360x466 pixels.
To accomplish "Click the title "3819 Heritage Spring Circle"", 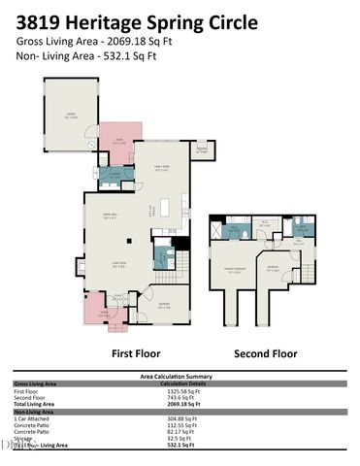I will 138,21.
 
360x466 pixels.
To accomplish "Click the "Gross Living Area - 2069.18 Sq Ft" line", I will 108,42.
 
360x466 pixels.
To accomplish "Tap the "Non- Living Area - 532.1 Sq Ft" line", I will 101,57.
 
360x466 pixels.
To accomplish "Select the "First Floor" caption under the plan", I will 135,353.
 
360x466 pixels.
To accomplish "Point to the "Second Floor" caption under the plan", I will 258,353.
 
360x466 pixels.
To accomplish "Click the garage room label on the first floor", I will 69,115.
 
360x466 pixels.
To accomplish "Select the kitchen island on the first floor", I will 165,207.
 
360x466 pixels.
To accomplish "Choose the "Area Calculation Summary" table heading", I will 179,375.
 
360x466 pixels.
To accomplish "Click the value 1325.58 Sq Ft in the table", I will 179,390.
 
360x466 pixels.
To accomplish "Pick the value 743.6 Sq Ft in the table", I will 179,397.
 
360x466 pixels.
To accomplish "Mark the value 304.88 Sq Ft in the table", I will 179,417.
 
